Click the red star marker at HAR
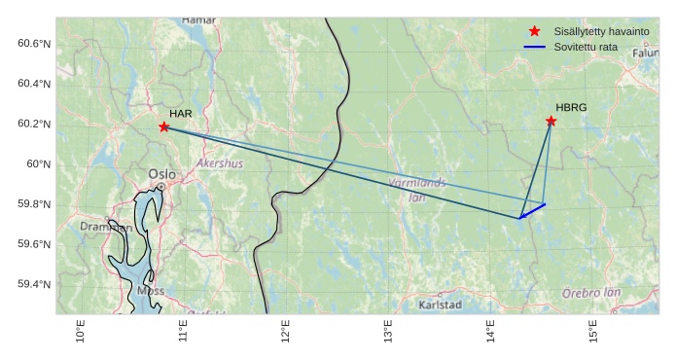point(164,126)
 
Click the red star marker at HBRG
point(551,121)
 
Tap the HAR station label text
point(180,114)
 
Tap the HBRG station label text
point(571,108)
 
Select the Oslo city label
point(161,174)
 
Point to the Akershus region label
point(220,163)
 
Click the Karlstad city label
point(440,306)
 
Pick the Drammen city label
point(106,227)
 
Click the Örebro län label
point(591,293)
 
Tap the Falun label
point(645,54)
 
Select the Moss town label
point(151,290)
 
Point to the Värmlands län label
point(417,189)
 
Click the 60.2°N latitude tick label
point(33,124)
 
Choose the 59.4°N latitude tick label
point(33,284)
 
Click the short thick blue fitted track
point(532,211)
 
